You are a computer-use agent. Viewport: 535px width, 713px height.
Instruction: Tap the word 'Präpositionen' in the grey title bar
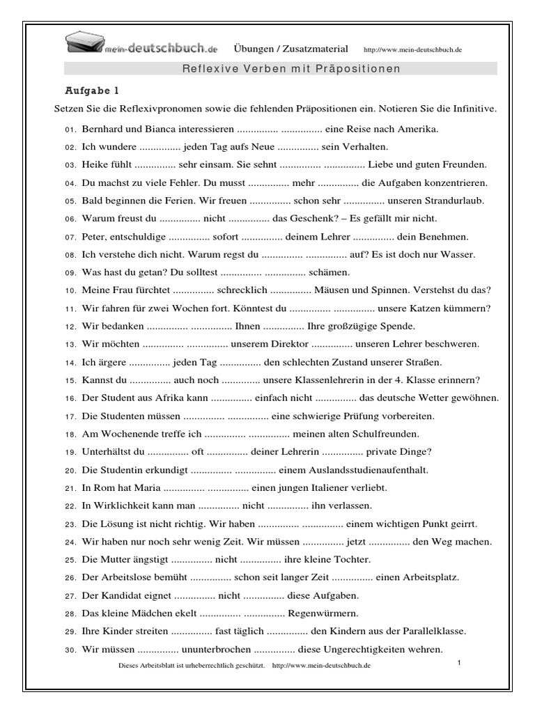point(367,68)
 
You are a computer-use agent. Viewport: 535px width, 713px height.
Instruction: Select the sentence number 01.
point(70,130)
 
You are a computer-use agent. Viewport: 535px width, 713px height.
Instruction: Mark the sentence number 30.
point(70,650)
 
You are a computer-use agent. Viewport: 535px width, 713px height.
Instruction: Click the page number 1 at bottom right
point(460,663)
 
